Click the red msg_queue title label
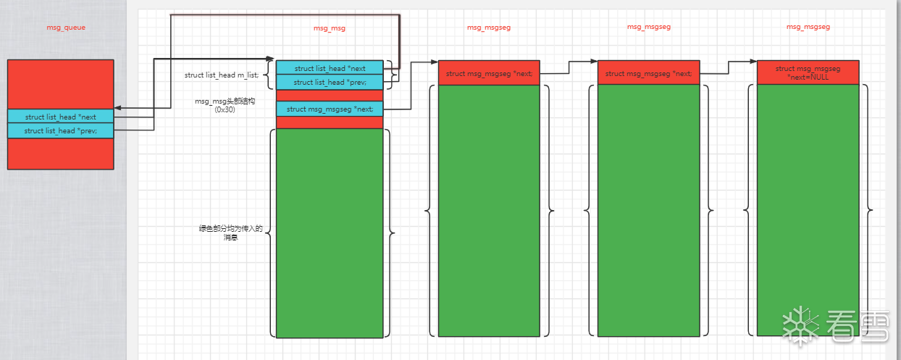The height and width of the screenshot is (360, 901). pos(66,27)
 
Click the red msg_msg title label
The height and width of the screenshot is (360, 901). pos(330,28)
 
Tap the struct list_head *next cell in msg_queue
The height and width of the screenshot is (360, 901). pos(61,117)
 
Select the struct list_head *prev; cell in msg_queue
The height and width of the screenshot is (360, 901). pos(61,130)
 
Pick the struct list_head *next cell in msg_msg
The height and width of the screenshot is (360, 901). pos(330,68)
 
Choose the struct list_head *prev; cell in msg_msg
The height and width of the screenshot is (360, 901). pos(330,82)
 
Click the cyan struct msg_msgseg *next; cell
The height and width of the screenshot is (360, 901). pos(330,109)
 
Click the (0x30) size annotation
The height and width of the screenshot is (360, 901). pos(225,109)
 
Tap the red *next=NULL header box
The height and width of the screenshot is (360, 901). pos(808,72)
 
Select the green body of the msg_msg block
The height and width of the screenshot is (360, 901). pos(330,232)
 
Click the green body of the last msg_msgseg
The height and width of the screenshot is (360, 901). pos(808,210)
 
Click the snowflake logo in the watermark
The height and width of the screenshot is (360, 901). pos(800,323)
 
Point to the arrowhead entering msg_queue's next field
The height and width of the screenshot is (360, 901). pos(117,108)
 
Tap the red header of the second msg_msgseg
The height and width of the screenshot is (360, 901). pos(648,73)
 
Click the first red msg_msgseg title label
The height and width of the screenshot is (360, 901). pos(489,27)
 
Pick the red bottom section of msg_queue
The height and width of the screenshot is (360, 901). pos(61,153)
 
